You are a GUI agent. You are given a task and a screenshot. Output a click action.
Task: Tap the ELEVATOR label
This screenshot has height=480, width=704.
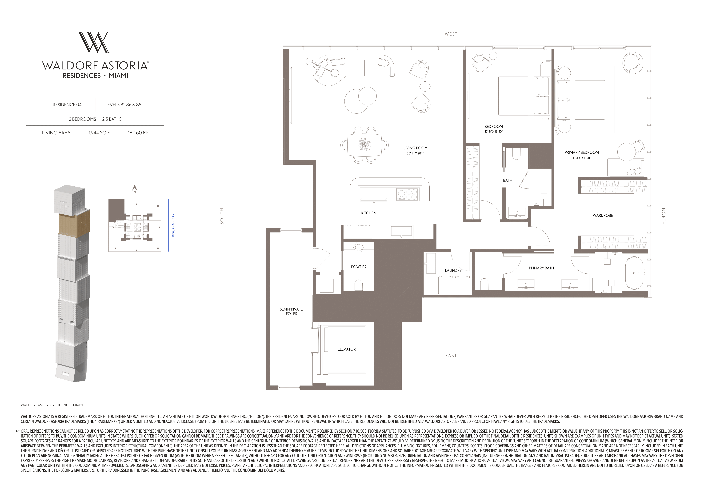tap(347, 349)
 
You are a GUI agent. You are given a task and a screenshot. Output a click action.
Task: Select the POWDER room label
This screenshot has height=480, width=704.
tap(359, 267)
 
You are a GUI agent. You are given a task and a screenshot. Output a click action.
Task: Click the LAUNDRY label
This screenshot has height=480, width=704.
tap(453, 270)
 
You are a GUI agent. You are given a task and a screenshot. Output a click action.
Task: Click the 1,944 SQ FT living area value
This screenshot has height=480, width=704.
tap(100, 133)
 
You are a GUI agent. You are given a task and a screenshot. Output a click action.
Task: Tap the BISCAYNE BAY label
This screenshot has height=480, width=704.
tap(173, 225)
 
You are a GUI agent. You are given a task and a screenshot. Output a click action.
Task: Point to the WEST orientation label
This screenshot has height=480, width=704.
tap(451, 34)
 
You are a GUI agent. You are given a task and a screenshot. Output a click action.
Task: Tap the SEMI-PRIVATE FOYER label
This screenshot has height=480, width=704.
tap(291, 311)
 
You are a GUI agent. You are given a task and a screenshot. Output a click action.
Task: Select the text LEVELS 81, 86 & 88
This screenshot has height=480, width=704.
tap(123, 105)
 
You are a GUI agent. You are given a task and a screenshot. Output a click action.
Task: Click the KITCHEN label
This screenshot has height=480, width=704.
tap(369, 213)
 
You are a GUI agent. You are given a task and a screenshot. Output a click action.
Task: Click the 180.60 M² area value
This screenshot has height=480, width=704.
tap(138, 133)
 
